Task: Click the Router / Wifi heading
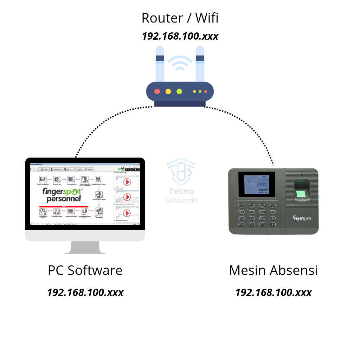(x=180, y=18)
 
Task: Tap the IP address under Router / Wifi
(x=180, y=36)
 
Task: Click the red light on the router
(x=157, y=91)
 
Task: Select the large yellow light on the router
(x=168, y=91)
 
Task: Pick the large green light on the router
(x=179, y=91)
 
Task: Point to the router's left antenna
(x=160, y=63)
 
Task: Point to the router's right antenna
(x=200, y=63)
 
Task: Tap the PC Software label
(x=85, y=270)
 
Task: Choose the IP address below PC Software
(x=85, y=292)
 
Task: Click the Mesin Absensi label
(x=273, y=270)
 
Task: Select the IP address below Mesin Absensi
(x=273, y=292)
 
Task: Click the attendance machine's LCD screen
(x=257, y=184)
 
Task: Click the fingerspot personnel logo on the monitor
(x=62, y=195)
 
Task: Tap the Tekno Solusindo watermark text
(x=181, y=195)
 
